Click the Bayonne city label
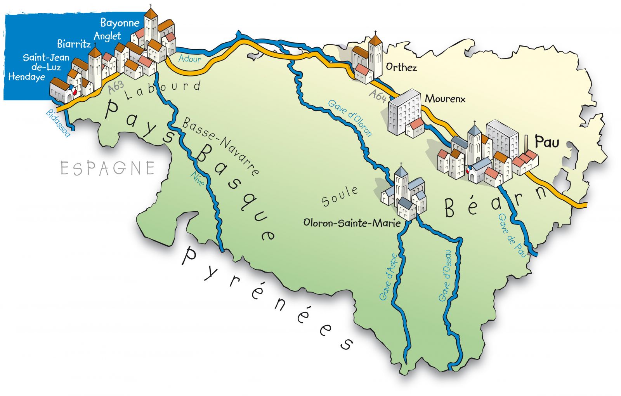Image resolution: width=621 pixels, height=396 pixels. pyautogui.click(x=120, y=23)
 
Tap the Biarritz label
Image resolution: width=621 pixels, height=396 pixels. pyautogui.click(x=74, y=44)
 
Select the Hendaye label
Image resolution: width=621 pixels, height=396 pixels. pyautogui.click(x=26, y=77)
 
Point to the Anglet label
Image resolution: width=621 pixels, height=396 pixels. pyautogui.click(x=107, y=36)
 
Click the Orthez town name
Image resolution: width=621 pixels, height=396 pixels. pyautogui.click(x=401, y=68)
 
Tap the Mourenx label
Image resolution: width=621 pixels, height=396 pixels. pyautogui.click(x=445, y=99)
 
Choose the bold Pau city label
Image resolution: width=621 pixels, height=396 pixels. pyautogui.click(x=547, y=142)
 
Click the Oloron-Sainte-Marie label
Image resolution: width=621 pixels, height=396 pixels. pyautogui.click(x=352, y=223)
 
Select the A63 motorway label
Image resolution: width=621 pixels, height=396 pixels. pyautogui.click(x=116, y=87)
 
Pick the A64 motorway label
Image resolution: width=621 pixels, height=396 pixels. pyautogui.click(x=377, y=96)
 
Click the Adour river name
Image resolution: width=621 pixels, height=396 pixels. pyautogui.click(x=190, y=59)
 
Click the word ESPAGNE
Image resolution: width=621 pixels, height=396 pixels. pyautogui.click(x=108, y=168)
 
